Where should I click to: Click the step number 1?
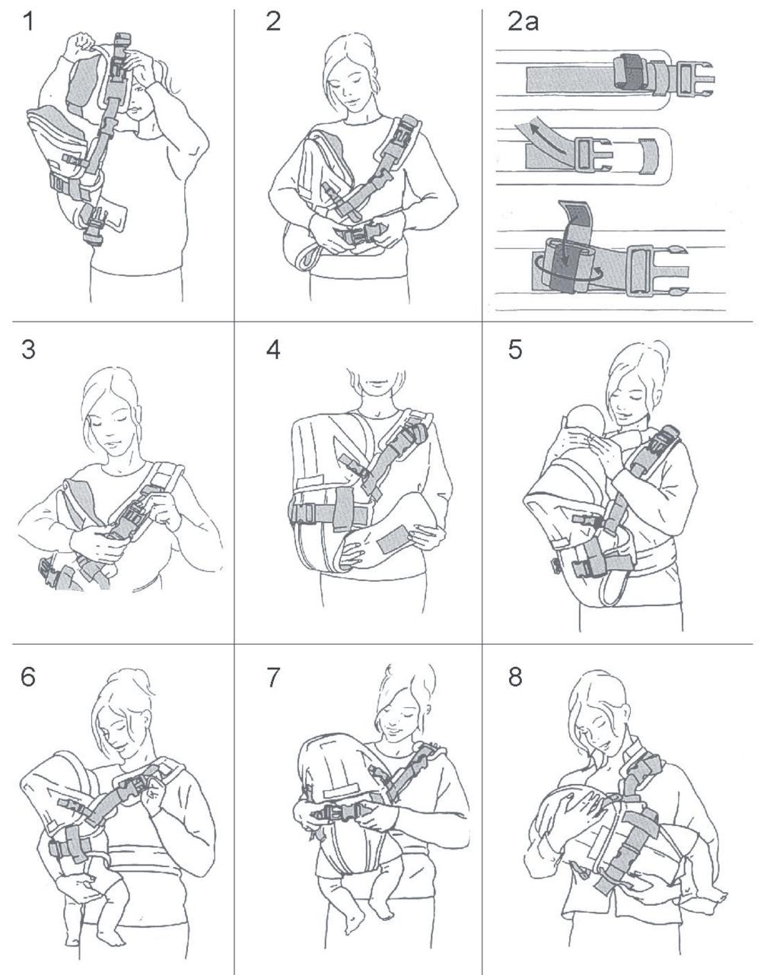tap(28, 22)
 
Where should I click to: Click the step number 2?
tap(273, 22)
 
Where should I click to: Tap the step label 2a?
tap(523, 22)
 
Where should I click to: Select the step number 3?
tap(28, 350)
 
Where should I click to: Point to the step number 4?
tap(273, 350)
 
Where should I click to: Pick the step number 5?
tap(515, 350)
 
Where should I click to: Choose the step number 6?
tap(28, 677)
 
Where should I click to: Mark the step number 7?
tap(273, 677)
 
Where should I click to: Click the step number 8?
tap(515, 677)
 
